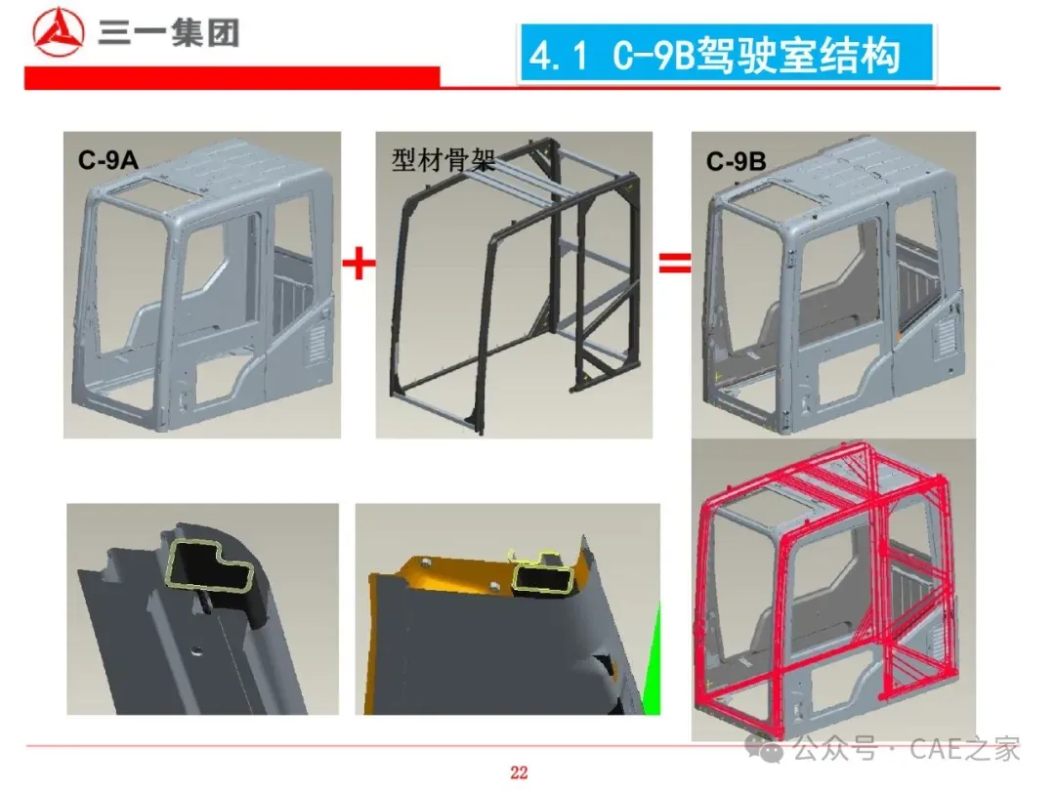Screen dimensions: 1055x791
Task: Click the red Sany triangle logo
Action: click(59, 32)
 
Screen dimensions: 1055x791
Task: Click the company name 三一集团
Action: click(168, 33)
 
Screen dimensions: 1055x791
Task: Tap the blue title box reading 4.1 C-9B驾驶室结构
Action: click(726, 54)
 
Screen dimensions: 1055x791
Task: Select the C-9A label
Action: click(107, 160)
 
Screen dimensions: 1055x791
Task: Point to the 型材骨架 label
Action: click(443, 160)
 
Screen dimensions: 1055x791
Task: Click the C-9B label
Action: click(737, 161)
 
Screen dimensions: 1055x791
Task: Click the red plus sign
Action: click(359, 263)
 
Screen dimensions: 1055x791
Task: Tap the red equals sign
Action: click(675, 263)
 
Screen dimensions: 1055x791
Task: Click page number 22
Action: click(519, 772)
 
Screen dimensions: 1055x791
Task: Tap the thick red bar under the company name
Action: click(232, 77)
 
